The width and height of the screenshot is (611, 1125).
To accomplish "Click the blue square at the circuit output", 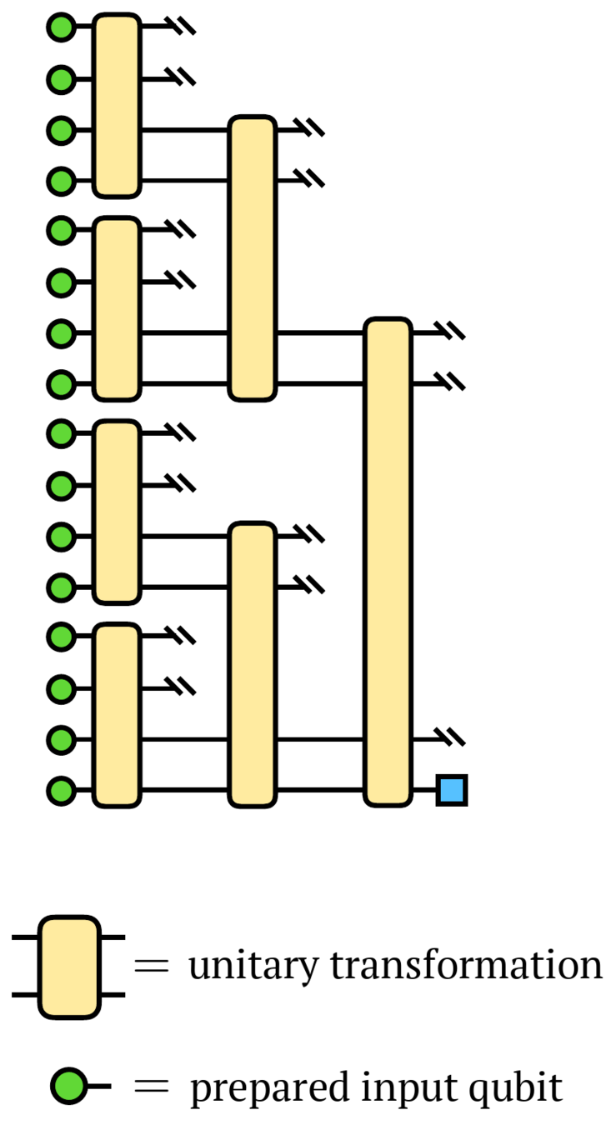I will pos(452,790).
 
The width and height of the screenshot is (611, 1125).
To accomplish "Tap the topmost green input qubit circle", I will pos(61,28).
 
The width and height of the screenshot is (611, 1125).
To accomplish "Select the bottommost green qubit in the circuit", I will pos(61,790).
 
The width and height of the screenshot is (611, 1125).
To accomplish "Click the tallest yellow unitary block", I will pos(388,562).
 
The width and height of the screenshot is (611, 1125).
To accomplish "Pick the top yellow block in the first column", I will pos(116,106).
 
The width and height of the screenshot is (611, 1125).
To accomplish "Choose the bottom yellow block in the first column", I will pos(116,715).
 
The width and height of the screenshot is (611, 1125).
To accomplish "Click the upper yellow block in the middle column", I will pos(252,258).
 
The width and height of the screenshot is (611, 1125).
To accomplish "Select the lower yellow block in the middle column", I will pos(252,664).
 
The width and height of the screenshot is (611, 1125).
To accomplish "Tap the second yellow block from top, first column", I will pos(116,308).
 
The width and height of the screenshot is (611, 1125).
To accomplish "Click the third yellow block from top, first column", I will pos(116,512).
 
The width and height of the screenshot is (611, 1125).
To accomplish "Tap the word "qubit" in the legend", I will pos(523,1088).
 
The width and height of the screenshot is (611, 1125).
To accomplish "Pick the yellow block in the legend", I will pos(69,967).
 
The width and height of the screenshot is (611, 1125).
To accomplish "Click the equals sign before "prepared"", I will pos(152,1087).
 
